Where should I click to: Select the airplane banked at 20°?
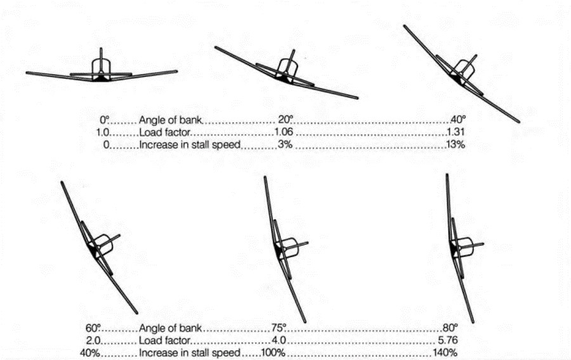(x=285, y=72)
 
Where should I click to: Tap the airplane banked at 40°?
(x=462, y=73)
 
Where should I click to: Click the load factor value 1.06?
(x=284, y=133)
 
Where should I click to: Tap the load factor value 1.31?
(x=457, y=133)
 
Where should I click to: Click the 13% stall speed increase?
(x=456, y=145)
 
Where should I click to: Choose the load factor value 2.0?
(x=93, y=340)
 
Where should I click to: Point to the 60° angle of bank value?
(x=93, y=328)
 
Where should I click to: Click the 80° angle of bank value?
(x=449, y=328)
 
